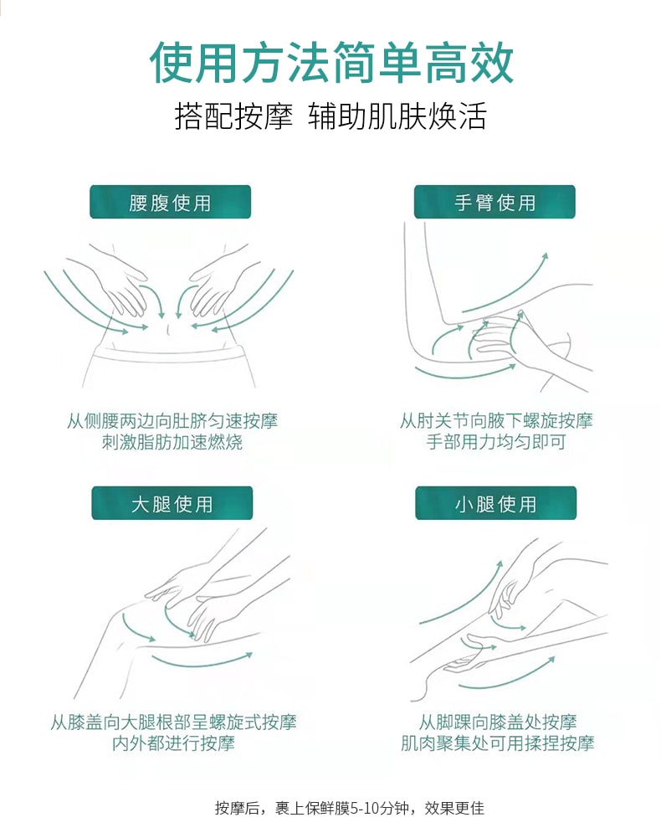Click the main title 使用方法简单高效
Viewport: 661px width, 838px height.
(x=330, y=63)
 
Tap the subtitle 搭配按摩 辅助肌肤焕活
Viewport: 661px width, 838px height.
(x=330, y=116)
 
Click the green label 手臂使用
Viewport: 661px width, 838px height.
(x=494, y=203)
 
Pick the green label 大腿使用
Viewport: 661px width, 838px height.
(x=171, y=504)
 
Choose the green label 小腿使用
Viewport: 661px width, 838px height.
(x=495, y=504)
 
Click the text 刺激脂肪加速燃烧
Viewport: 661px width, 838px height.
(x=172, y=442)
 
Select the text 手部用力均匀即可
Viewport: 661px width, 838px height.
(x=496, y=442)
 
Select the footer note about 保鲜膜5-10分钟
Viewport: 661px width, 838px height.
(x=350, y=809)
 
